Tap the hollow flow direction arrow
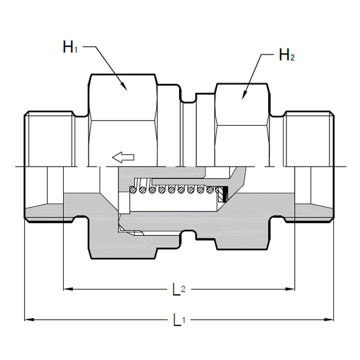pyautogui.click(x=122, y=156)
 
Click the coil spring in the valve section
pyautogui.click(x=176, y=190)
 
